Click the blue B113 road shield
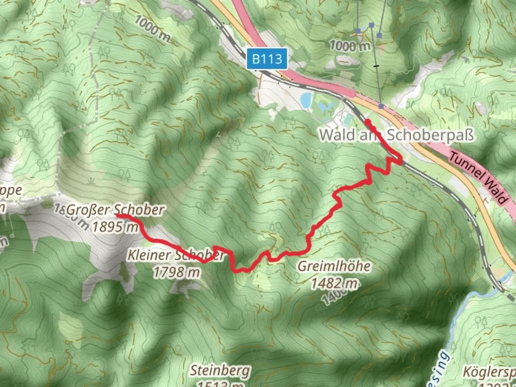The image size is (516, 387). [267, 58]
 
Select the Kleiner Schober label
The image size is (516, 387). [176, 255]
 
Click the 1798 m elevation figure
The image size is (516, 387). [176, 272]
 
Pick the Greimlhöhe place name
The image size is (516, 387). [334, 266]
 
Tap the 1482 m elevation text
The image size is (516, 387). [334, 283]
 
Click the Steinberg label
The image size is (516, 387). [220, 371]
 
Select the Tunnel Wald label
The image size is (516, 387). [478, 178]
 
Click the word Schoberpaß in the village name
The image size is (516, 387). [430, 135]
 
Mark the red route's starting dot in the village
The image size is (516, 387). [368, 122]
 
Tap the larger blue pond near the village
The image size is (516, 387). [306, 100]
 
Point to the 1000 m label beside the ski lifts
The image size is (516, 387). [349, 46]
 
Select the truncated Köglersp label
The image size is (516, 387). [489, 372]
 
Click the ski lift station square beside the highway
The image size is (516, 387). [381, 106]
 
